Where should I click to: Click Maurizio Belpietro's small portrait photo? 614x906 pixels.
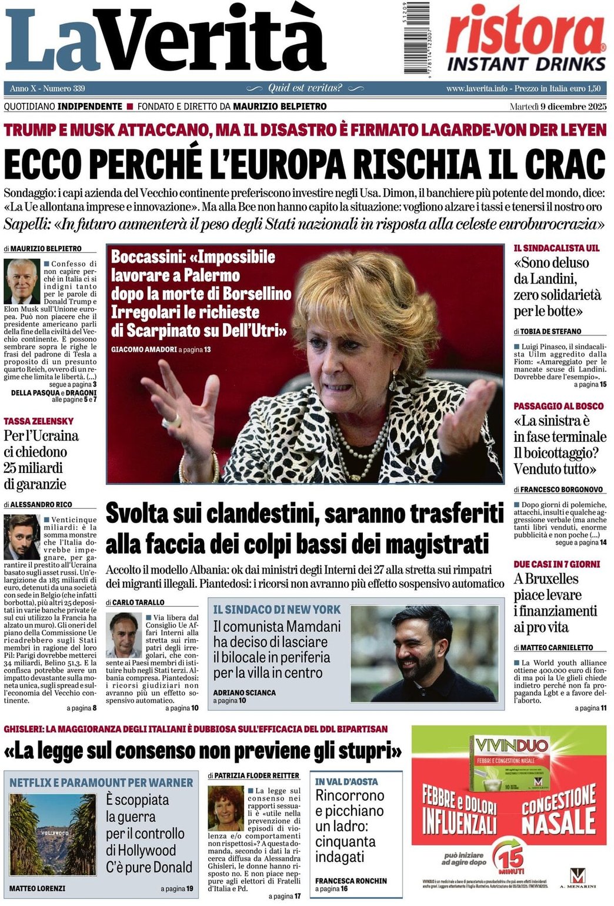(x=22, y=281)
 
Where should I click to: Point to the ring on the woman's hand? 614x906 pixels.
(x=172, y=420)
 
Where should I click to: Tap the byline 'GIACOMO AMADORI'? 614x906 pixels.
(x=144, y=349)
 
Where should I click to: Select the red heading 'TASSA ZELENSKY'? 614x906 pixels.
(x=39, y=421)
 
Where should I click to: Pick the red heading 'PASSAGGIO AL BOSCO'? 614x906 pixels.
(x=558, y=406)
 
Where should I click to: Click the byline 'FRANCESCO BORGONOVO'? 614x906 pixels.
(x=561, y=489)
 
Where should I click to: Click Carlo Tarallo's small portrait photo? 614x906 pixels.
(x=124, y=635)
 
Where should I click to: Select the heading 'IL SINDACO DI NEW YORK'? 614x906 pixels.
(x=276, y=609)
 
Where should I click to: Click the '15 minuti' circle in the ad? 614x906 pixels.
(x=507, y=857)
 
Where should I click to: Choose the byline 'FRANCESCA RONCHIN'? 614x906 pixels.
(x=351, y=881)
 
